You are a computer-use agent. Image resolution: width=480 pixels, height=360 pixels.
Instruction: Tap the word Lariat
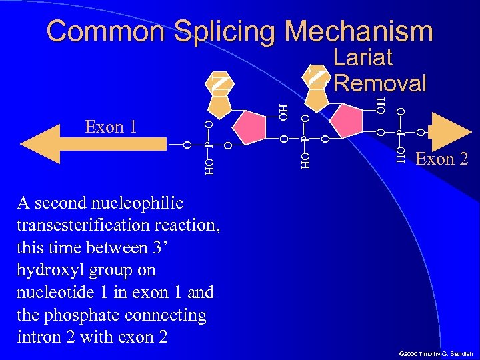pos(363,58)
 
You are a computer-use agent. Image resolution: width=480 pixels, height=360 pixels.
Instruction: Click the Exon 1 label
pos(111,126)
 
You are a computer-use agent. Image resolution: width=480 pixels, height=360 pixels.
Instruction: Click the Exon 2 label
pos(441,159)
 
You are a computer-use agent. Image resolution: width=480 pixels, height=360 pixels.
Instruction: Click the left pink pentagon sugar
pos(253,125)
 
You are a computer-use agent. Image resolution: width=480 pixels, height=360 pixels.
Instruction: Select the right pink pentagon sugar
pos(351,122)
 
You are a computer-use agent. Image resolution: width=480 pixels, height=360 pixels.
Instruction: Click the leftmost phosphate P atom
pos(208,143)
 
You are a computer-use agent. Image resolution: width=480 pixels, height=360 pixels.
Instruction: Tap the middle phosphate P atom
pos(305,139)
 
